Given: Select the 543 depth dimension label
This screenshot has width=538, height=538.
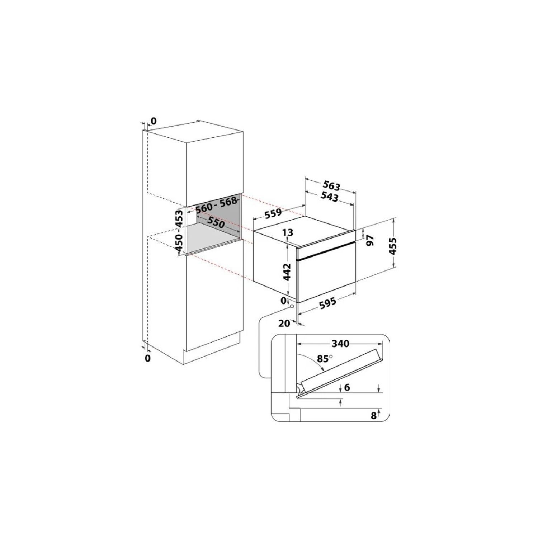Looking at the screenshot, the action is [x=329, y=196].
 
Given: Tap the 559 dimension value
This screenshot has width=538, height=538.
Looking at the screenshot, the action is [x=273, y=214].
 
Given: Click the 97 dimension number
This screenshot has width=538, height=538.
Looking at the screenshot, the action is [x=370, y=240].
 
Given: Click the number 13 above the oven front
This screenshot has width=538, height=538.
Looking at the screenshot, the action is [x=288, y=232].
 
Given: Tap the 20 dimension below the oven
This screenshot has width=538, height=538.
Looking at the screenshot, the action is [x=284, y=323].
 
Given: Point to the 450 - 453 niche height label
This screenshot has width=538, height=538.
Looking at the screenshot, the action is [x=179, y=232].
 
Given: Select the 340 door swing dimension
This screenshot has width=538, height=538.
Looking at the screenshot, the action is [x=340, y=344].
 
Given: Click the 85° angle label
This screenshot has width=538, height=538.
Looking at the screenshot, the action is [x=325, y=358].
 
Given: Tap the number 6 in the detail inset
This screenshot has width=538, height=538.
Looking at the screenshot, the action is [x=346, y=387].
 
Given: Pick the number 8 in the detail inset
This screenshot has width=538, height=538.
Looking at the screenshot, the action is [x=374, y=416].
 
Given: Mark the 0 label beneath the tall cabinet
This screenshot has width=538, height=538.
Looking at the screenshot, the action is [x=147, y=358].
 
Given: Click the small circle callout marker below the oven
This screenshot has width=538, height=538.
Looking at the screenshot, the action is [x=292, y=307].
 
